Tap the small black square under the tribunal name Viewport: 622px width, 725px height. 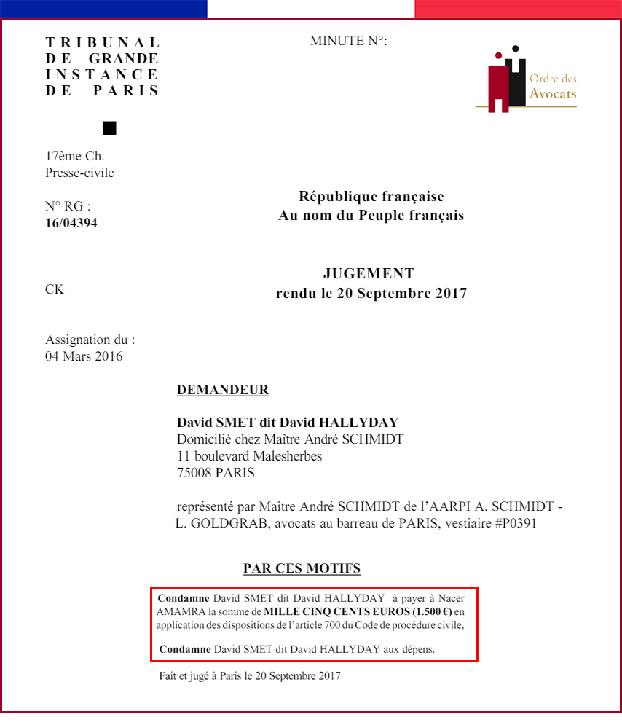[109, 128]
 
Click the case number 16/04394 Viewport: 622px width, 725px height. [71, 223]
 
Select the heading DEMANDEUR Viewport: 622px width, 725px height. [223, 391]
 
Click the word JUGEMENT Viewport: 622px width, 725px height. [369, 274]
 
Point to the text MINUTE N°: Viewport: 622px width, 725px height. [349, 41]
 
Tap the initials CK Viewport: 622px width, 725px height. [55, 289]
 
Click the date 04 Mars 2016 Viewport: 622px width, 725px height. [84, 356]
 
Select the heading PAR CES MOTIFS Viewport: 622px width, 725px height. [302, 568]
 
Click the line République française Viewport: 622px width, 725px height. [371, 197]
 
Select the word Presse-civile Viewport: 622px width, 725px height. [79, 173]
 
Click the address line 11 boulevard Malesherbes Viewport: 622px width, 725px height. [249, 456]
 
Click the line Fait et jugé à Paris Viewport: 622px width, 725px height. [250, 675]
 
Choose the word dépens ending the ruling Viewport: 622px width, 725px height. [419, 648]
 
